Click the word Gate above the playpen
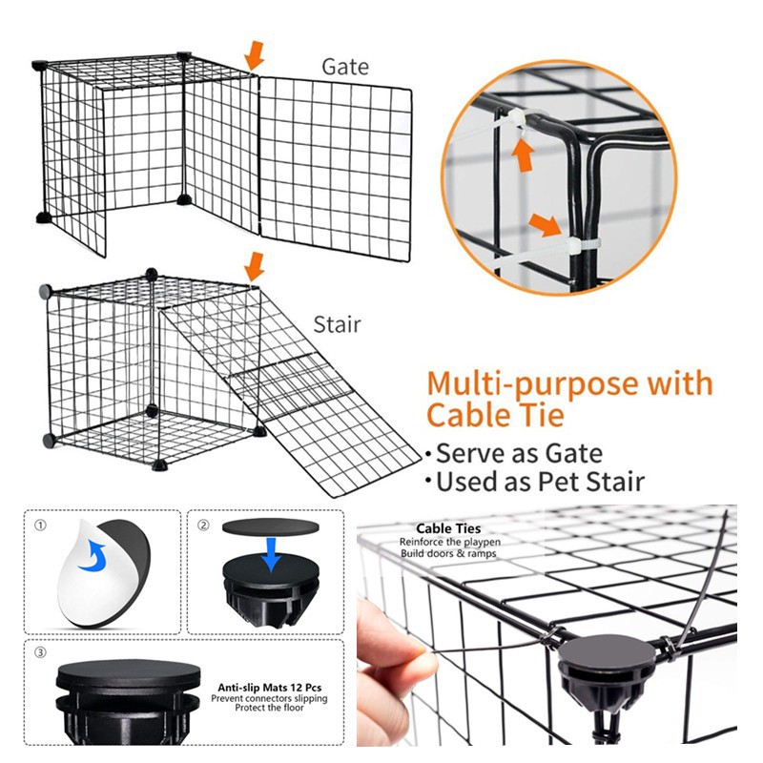pos(344,68)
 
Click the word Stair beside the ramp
pos(338,324)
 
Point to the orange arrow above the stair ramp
pos(254,265)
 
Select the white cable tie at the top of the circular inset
pos(517,120)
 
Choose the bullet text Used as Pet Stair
pos(539,481)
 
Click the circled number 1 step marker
pos(40,526)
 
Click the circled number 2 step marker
pos(203,526)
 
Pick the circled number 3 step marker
pos(40,653)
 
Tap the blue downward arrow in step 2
pos(272,554)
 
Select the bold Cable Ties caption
pos(448,528)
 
